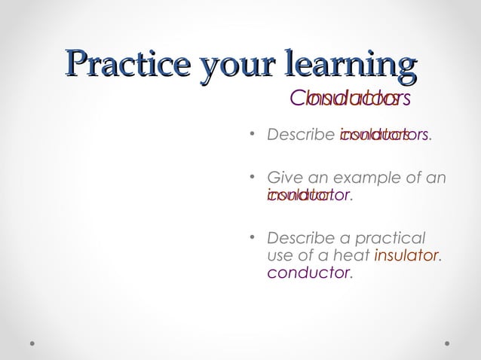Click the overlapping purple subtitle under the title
pos(349,99)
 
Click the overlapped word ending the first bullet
pos(384,136)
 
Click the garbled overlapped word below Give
pos(309,196)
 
